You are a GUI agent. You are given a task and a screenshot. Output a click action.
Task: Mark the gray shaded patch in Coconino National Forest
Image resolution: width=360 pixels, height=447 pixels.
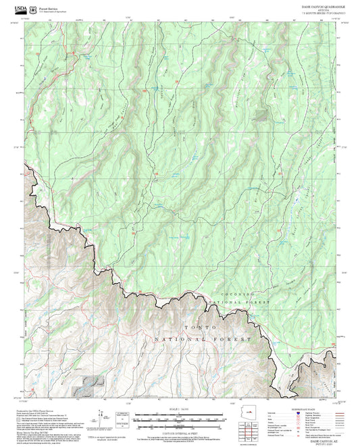coord(260,115)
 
